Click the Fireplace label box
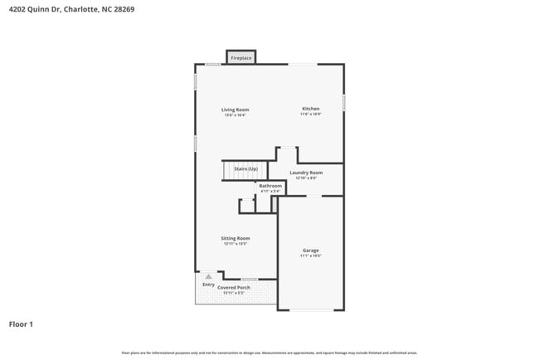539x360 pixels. click(241, 58)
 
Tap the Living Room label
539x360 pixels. click(235, 109)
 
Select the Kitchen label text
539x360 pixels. click(310, 109)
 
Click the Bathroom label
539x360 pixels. click(270, 186)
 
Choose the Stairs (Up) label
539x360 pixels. click(245, 168)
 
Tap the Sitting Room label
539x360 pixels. click(236, 238)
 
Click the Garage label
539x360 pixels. click(310, 251)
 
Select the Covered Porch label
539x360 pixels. click(234, 287)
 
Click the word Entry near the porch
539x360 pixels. click(208, 285)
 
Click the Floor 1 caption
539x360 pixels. click(22, 324)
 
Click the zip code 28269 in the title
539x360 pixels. click(124, 9)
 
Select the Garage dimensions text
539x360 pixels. click(310, 256)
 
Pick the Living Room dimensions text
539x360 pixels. click(235, 115)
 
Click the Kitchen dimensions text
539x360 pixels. click(310, 114)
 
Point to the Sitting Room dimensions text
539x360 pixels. click(236, 244)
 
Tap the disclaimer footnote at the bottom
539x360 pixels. click(269, 353)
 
